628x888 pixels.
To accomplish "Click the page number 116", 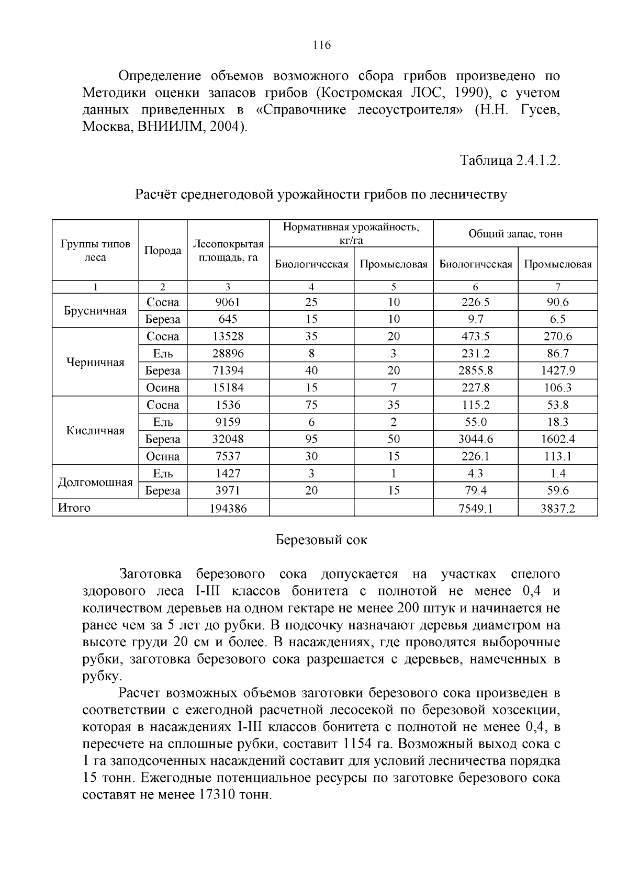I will [x=321, y=45].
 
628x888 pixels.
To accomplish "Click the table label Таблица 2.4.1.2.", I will [x=510, y=161].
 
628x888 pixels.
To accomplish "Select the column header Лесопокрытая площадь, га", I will [x=228, y=251].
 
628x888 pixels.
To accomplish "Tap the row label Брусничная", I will [x=95, y=311].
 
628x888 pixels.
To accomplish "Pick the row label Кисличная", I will [x=95, y=431].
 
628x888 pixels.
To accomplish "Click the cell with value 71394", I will [x=228, y=371].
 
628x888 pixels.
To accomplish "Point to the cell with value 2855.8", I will [x=475, y=371].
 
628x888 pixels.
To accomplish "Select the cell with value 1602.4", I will [x=557, y=440].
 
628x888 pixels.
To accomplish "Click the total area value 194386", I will [x=228, y=508].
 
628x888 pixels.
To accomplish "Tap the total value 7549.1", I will [x=475, y=508].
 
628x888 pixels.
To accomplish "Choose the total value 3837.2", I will [x=557, y=508].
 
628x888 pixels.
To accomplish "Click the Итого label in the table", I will [x=74, y=508].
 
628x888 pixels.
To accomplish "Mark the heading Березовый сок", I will [x=321, y=541].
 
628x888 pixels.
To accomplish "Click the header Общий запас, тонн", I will [x=515, y=233].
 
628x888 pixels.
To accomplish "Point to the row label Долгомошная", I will [x=95, y=482].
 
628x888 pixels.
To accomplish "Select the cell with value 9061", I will [x=228, y=302].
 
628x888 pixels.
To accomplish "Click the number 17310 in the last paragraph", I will [x=217, y=795].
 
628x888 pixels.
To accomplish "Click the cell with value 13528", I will [x=228, y=336].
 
